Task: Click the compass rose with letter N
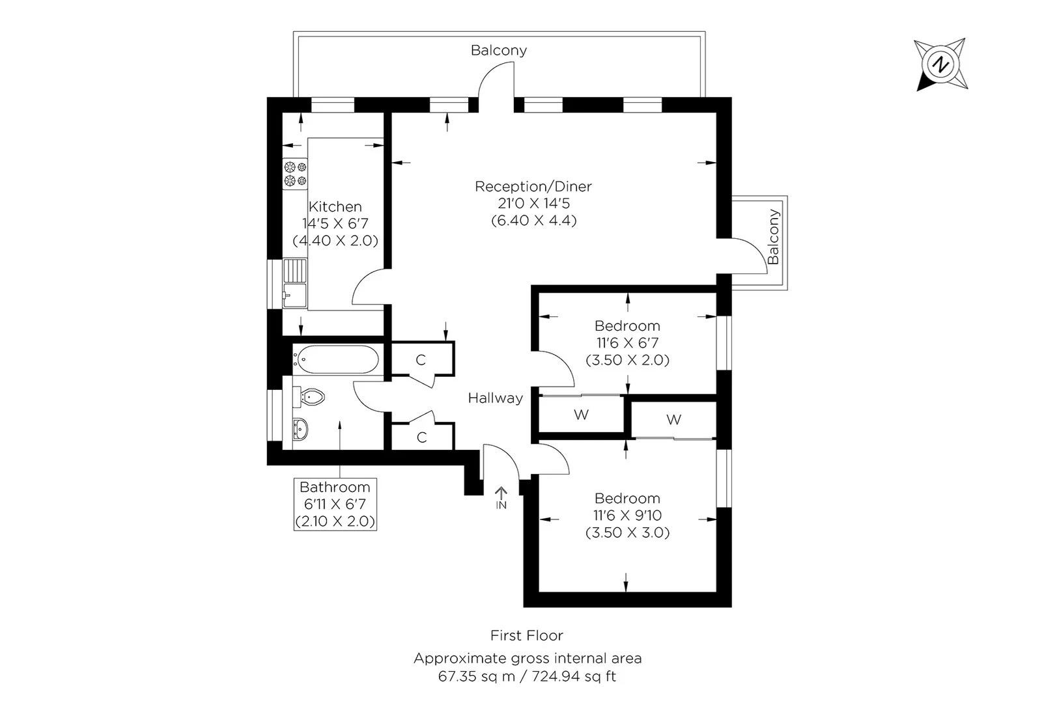coord(940,64)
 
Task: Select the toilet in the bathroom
coord(311,396)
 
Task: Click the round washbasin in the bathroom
coord(300,429)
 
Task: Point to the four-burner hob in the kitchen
coord(294,174)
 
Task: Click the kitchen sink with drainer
coord(294,284)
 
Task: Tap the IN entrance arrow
coord(501,498)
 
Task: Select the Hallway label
coord(495,398)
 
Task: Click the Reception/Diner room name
coord(533,187)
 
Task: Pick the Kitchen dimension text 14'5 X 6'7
coord(335,223)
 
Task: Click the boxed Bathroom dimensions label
coord(335,504)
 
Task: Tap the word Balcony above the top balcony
coord(499,51)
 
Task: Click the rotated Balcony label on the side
coord(773,236)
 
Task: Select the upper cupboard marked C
coord(421,360)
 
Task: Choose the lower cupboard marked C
coord(421,437)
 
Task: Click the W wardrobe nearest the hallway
coord(581,415)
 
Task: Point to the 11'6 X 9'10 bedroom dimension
coord(627,516)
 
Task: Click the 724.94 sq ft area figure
coord(574,676)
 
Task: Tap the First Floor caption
coord(526,635)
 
